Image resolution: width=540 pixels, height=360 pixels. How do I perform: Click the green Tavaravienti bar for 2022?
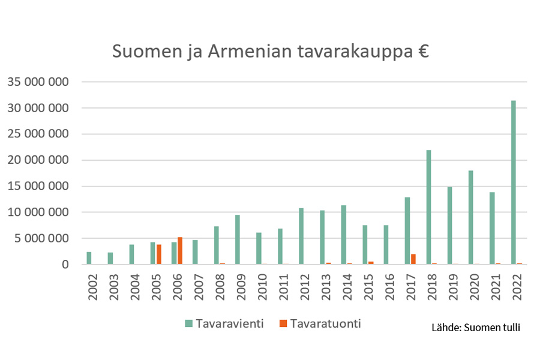pyautogui.click(x=513, y=182)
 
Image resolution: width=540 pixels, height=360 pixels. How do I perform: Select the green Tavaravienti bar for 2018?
pyautogui.click(x=428, y=207)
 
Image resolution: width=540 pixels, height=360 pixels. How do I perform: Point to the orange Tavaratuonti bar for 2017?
pyautogui.click(x=413, y=259)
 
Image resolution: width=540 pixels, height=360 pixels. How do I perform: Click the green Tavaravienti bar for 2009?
pyautogui.click(x=238, y=239)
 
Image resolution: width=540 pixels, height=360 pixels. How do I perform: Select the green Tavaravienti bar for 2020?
pyautogui.click(x=471, y=217)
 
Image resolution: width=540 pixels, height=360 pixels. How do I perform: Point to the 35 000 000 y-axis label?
pyautogui.click(x=38, y=82)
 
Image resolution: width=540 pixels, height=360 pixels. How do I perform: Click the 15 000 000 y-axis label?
pyautogui.click(x=38, y=186)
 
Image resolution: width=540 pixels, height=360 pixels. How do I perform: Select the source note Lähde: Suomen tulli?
pyautogui.click(x=475, y=328)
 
